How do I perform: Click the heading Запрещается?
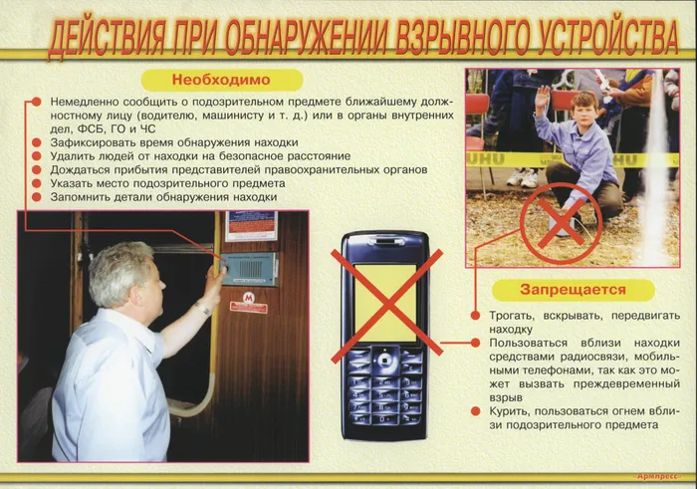pyautogui.click(x=573, y=290)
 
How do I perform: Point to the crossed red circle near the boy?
pyautogui.click(x=561, y=222)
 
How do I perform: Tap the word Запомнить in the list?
pyautogui.click(x=79, y=197)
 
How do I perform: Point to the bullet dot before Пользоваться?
pyautogui.click(x=477, y=343)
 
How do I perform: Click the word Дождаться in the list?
pyautogui.click(x=81, y=170)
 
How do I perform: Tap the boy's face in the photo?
pyautogui.click(x=584, y=108)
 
